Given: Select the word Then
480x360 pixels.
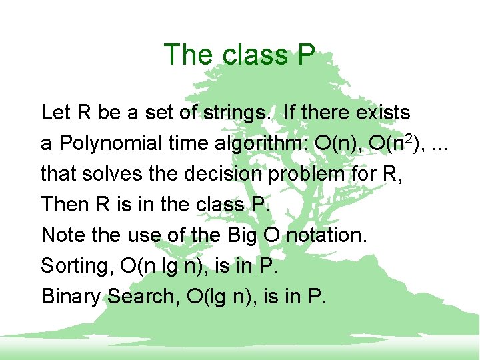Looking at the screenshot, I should pyautogui.click(x=59, y=204).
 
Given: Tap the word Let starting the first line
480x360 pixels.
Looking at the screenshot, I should pyautogui.click(x=56, y=112).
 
